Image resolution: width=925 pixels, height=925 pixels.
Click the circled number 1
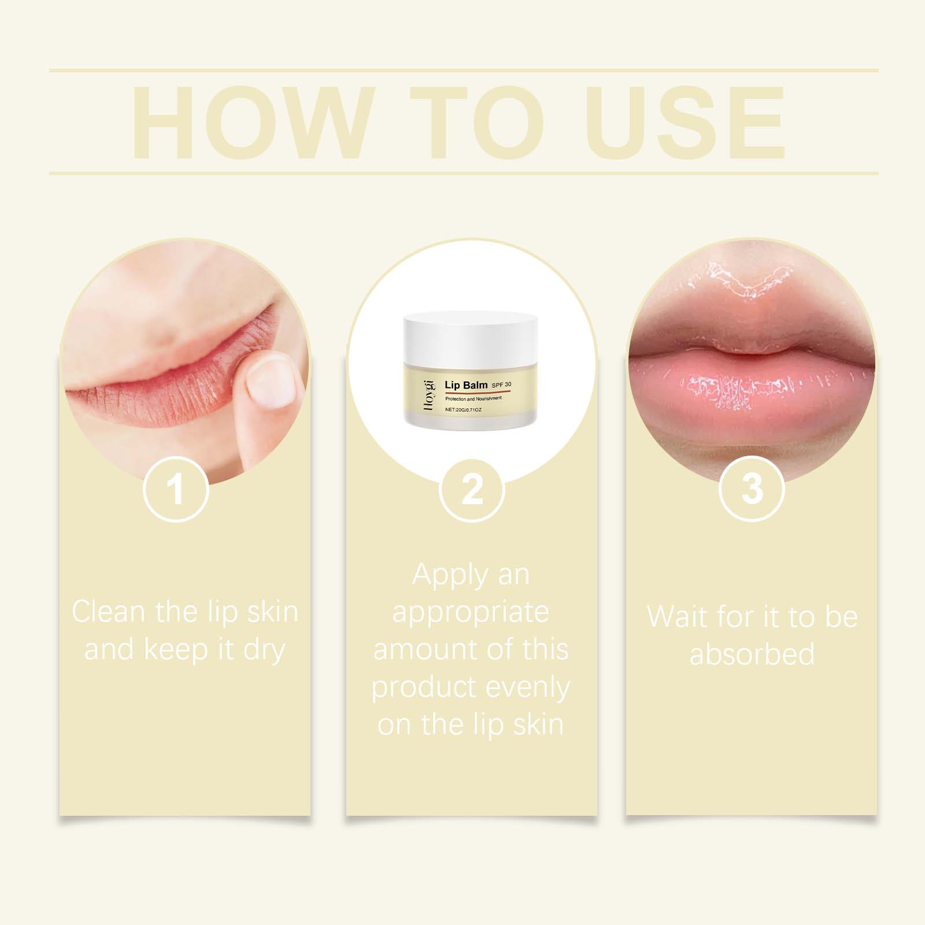[175, 489]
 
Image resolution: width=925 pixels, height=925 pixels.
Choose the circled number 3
[752, 489]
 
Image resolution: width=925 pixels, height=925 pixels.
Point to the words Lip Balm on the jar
[465, 384]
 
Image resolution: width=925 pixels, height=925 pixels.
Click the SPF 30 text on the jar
[501, 384]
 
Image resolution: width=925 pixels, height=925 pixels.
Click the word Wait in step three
[676, 616]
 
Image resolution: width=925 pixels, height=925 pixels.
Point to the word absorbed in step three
[752, 654]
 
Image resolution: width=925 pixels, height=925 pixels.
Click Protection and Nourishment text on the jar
[469, 399]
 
